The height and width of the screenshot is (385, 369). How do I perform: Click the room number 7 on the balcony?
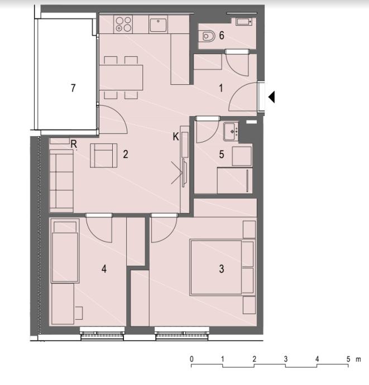(x=73, y=88)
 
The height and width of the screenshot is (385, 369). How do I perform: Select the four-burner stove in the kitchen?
(x=123, y=24)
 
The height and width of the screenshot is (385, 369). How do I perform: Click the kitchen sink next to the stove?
(x=158, y=25)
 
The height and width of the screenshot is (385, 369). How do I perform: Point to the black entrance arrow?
(x=271, y=97)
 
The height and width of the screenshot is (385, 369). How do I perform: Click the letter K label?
(x=176, y=137)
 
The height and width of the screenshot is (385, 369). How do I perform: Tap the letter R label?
(x=74, y=144)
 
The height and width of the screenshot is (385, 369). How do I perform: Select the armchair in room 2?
(x=103, y=156)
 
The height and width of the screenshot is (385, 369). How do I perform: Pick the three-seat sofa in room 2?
(x=61, y=181)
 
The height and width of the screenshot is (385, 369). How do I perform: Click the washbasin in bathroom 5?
(x=231, y=132)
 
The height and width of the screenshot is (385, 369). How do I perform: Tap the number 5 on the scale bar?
(x=348, y=359)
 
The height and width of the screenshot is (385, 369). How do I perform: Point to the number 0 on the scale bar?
(x=191, y=359)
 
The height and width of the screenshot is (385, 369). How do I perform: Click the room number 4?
(x=104, y=268)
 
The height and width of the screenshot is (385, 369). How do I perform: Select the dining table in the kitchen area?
(x=121, y=78)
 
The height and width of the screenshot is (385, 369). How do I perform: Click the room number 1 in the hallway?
(x=221, y=88)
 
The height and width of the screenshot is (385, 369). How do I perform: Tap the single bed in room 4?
(x=65, y=251)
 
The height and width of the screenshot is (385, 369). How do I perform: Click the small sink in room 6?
(x=244, y=22)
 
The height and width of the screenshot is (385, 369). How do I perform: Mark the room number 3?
(x=222, y=268)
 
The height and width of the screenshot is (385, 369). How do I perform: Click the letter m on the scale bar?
(x=358, y=360)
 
